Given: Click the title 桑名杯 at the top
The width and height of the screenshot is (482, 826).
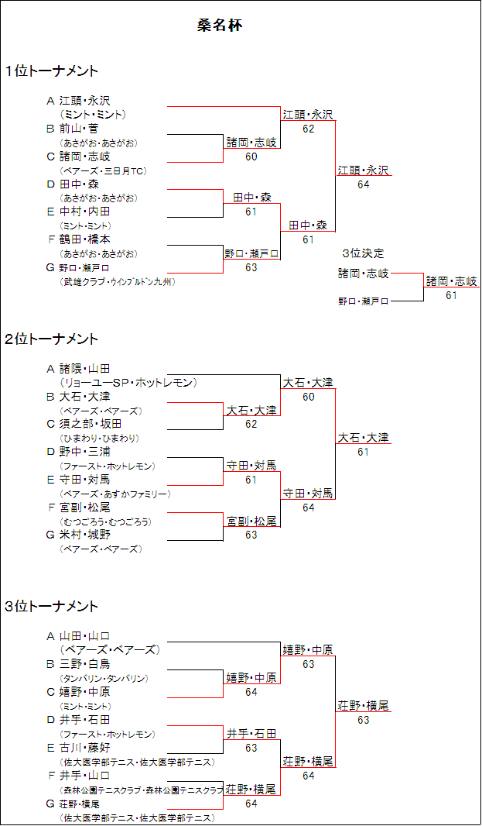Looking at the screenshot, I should coord(220,26).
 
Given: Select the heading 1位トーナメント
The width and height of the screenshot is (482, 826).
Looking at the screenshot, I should coord(52,71).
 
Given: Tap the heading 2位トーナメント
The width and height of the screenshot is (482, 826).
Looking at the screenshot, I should coord(52,339).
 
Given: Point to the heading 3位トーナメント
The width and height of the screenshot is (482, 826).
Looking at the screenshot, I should coord(52,606).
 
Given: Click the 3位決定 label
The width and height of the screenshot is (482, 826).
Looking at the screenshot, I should coord(363,253).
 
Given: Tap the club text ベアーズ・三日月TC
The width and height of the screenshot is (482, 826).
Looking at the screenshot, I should coord(103,170).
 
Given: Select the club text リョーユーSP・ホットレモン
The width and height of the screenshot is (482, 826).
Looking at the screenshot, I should coord(128,382).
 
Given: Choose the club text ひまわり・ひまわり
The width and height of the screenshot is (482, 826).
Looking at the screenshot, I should coord(99,438).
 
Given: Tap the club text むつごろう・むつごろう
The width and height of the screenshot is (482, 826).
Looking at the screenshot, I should coord(105,521).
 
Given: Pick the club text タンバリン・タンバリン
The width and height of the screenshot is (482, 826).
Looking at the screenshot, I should coord(104,678).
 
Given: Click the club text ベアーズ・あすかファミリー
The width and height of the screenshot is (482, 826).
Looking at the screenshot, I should coord(115,494).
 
